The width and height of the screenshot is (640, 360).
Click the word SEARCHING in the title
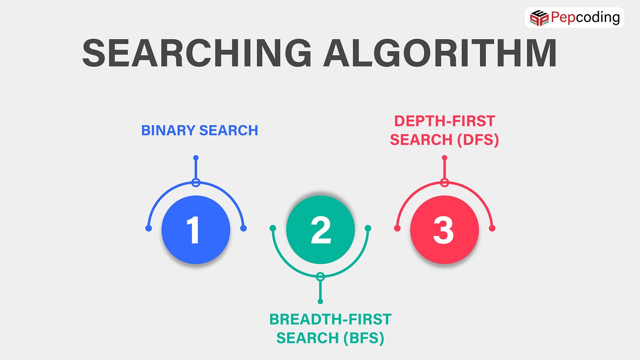tap(197, 54)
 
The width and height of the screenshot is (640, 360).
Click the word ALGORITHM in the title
tap(440, 54)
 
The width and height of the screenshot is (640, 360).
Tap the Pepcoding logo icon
tap(539, 18)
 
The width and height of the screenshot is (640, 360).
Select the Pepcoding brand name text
tap(585, 18)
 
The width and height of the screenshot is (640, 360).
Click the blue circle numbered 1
tap(196, 230)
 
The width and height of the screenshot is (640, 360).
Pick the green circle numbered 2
tap(320, 230)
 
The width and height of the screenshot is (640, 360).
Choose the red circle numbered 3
tap(444, 230)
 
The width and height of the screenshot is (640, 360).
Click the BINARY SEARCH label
tap(200, 131)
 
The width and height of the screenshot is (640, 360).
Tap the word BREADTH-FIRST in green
tap(330, 319)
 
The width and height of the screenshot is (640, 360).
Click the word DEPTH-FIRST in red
tap(444, 121)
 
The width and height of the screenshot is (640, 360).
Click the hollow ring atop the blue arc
tap(196, 183)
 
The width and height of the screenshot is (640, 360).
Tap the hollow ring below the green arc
tap(320, 276)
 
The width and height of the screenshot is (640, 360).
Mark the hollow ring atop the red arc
tap(444, 183)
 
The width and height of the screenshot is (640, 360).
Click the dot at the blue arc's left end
tap(148, 228)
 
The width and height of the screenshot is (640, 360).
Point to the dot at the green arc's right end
tap(368, 228)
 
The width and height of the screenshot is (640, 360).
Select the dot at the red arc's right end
tap(492, 228)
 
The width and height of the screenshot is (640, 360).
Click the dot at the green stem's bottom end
tap(320, 302)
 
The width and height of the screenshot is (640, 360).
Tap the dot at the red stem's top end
tap(444, 158)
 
